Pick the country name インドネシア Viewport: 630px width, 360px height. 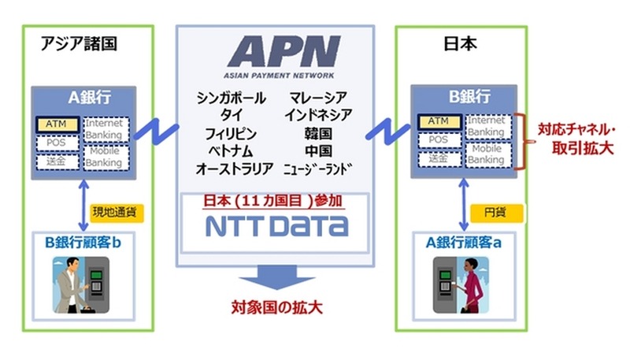coord(319,116)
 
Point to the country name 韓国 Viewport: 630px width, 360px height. coord(318,133)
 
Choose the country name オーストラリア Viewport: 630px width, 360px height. coord(235,168)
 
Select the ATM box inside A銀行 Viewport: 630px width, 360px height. coord(57,124)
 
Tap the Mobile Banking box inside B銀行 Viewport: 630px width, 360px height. coord(486,154)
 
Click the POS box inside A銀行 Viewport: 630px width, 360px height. coord(57,142)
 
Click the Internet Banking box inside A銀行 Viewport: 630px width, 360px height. coord(105,128)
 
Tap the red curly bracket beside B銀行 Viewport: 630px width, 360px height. coord(521,140)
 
